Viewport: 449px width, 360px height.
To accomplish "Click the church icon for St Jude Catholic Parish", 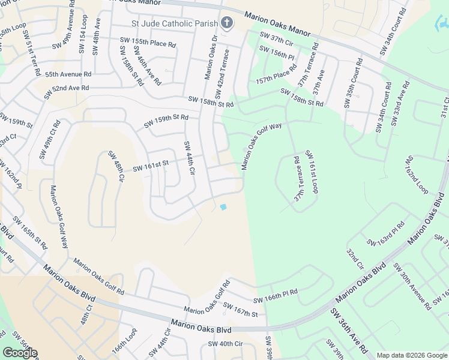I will (226, 23).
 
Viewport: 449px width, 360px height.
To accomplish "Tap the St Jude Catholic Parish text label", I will (175, 24).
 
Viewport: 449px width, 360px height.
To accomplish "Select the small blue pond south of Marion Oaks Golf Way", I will (223, 208).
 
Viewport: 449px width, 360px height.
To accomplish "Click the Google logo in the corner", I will (19, 353).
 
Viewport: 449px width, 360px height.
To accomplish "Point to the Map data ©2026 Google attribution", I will (411, 355).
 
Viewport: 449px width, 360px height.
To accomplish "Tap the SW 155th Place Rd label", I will (146, 44).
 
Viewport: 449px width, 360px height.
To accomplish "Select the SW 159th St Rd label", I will (166, 121).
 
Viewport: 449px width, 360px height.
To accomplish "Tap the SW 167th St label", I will (240, 310).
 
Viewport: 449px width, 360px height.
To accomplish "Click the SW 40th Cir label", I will (225, 344).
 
